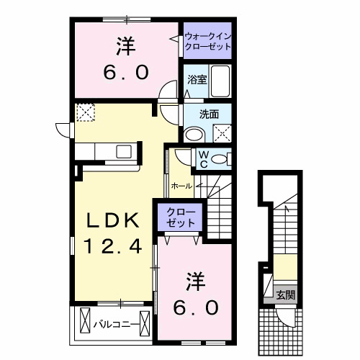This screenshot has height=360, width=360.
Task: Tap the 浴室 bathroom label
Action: [197, 81]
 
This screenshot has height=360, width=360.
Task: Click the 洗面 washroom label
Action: [210, 113]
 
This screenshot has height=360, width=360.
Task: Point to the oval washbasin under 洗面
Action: [193, 134]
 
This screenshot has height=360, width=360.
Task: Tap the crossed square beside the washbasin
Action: [222, 132]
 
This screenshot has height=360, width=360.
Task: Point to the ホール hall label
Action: [181, 186]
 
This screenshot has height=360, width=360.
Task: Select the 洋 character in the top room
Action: [123, 46]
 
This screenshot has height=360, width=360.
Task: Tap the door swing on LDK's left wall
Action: [63, 130]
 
